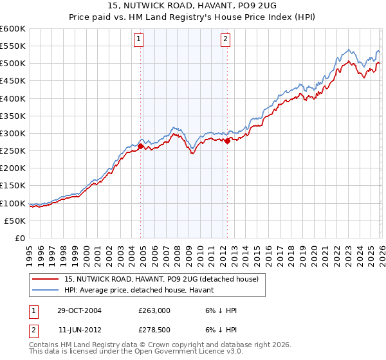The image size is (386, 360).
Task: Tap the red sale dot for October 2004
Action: (x=140, y=147)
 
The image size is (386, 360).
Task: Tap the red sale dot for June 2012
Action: (x=227, y=141)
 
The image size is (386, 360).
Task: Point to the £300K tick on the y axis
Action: (x=13, y=134)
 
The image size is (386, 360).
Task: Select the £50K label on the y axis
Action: (x=15, y=221)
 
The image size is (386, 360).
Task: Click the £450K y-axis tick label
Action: (x=13, y=81)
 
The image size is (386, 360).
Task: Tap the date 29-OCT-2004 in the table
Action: (x=77, y=310)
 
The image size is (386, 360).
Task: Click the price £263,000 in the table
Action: (x=154, y=310)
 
